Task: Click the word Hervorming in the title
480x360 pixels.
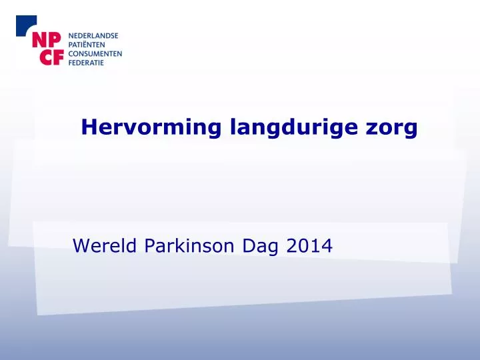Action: tap(151, 127)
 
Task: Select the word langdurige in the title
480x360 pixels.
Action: tap(293, 127)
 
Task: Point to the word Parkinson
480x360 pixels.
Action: tap(189, 245)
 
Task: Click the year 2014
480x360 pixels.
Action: tap(309, 246)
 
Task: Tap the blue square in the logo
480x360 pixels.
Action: tap(25, 25)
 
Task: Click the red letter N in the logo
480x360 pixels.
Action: tap(39, 40)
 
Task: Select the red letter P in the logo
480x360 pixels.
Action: tap(55, 40)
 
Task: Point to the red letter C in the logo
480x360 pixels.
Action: tap(47, 57)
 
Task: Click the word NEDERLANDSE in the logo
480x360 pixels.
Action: tap(93, 36)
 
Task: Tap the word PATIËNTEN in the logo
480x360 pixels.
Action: tap(87, 45)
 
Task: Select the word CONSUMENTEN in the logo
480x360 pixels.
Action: tap(95, 54)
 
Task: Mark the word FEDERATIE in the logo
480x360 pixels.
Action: tap(86, 63)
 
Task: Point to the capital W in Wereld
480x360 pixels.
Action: tap(83, 245)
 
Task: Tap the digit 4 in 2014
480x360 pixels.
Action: tap(326, 246)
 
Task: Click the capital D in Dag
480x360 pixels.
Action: tap(249, 245)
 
